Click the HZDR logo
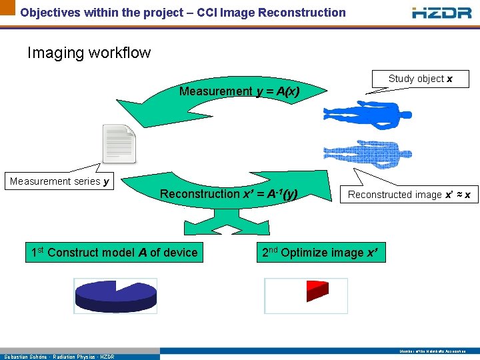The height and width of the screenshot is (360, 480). point(442,12)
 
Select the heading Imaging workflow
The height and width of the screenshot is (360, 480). point(89,53)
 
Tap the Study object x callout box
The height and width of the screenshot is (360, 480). point(420,79)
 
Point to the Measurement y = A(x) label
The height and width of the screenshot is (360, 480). point(239,91)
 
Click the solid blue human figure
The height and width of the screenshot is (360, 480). point(367,115)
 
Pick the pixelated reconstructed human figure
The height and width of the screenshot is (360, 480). point(367,154)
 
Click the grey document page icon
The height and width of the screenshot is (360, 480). point(119,143)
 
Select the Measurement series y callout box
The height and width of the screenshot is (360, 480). point(60,181)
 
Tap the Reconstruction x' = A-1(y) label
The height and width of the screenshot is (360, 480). point(228,194)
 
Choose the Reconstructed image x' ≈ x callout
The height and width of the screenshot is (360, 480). point(409,195)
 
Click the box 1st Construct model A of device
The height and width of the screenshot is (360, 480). point(115,253)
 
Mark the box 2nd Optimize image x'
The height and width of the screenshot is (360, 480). point(322,253)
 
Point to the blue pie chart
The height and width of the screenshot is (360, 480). point(115,295)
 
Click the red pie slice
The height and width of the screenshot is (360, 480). point(317,291)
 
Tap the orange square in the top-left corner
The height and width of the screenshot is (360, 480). point(7,7)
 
